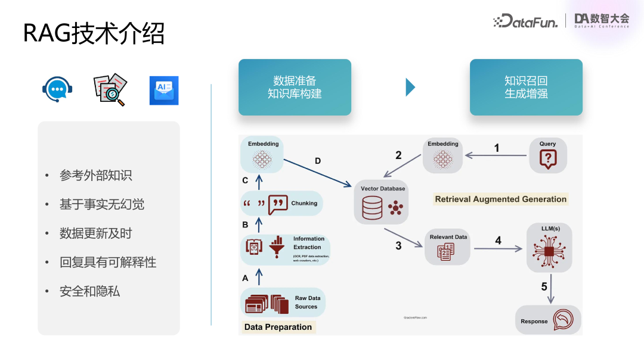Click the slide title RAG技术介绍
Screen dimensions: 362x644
pos(94,33)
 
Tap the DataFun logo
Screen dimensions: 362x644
pos(525,21)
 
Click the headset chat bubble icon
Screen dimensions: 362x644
pos(57,90)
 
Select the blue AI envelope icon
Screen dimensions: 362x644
pos(164,90)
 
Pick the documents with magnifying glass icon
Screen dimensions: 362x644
pos(110,90)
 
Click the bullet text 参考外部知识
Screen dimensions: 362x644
pos(95,176)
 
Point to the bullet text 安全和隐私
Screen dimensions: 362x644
pos(89,291)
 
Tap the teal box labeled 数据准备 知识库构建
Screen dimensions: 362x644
pos(295,87)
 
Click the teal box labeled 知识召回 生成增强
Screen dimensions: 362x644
pos(526,87)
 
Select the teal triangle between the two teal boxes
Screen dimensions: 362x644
pos(410,87)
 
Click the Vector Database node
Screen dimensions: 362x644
pos(383,202)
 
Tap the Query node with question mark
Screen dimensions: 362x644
pos(547,155)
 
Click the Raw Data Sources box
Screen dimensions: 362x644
pos(283,302)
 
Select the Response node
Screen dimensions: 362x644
pos(548,320)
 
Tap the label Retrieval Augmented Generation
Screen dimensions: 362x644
pos(500,199)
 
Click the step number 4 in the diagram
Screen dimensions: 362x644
pos(499,241)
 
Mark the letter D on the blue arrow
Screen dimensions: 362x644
pos(317,161)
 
